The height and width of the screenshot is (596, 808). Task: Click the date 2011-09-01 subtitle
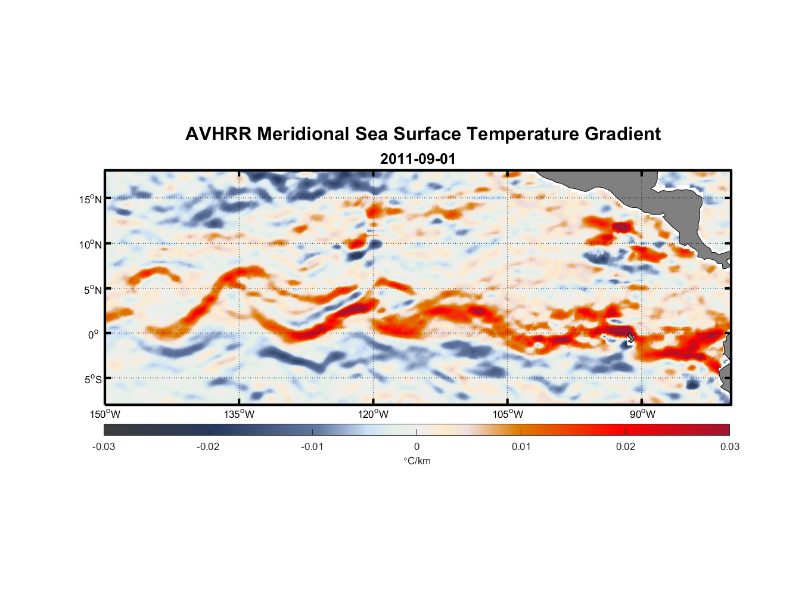tap(417, 159)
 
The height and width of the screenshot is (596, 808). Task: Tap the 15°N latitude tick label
tap(91, 199)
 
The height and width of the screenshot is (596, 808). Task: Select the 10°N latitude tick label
tap(91, 244)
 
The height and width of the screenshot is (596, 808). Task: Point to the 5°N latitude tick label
tap(92, 290)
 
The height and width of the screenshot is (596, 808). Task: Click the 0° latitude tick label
tap(94, 334)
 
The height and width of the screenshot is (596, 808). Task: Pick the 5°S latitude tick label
tap(92, 380)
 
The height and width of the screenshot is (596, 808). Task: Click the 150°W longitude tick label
tap(105, 414)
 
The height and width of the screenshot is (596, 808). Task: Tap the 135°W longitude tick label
tap(240, 414)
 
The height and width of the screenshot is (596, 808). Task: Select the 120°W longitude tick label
tap(374, 414)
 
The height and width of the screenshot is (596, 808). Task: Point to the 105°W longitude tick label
tap(508, 414)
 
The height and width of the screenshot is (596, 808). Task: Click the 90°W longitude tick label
tap(642, 414)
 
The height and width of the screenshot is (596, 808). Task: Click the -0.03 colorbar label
tap(104, 447)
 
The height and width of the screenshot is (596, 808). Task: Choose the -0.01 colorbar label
tap(312, 447)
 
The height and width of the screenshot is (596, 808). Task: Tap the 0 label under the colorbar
tap(417, 447)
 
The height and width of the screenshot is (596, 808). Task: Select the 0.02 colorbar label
tap(626, 447)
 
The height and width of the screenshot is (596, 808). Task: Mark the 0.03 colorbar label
tap(729, 447)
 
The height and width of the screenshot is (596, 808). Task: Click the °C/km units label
tap(417, 461)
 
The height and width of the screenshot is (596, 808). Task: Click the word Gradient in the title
tap(623, 134)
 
